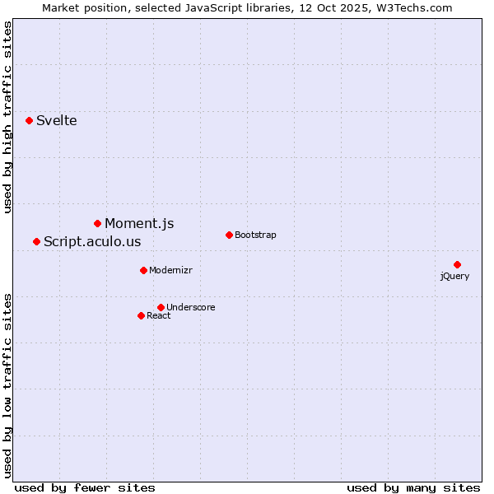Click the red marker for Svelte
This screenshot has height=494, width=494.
pos(29,120)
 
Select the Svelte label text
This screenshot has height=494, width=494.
pos(56,121)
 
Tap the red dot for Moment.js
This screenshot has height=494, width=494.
pos(97,223)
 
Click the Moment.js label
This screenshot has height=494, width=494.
pos(139,224)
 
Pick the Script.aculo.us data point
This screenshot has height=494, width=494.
pos(36,241)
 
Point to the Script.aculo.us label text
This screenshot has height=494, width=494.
pos(92,242)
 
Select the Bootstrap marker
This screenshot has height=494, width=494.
pos(229,235)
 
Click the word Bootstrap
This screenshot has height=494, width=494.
pos(255,235)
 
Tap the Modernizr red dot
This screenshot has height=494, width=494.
pos(143,270)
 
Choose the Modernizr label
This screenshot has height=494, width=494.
pos(170,271)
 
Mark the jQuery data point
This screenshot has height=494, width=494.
pos(457,264)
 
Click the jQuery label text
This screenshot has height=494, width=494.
pos(454,277)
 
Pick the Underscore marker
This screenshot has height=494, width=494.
pos(161,307)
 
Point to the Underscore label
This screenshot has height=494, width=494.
pos(190,308)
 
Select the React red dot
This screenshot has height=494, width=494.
pos(141,315)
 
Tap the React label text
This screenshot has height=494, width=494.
pos(158,316)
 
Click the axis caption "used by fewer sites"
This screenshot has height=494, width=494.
pos(85,488)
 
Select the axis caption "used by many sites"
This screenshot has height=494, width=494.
pos(413,488)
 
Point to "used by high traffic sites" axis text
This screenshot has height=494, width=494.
pos(8,118)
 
